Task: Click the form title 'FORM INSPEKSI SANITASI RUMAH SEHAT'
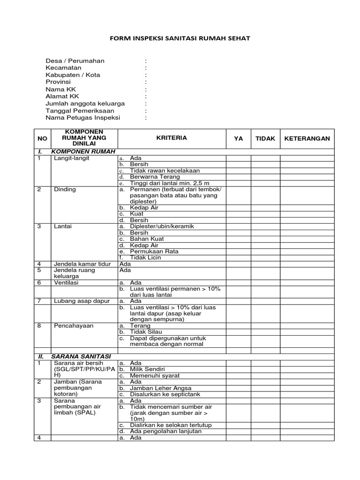[180, 38]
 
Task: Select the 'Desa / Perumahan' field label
[75, 61]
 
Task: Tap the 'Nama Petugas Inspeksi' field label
[83, 118]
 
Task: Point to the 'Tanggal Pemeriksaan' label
[80, 111]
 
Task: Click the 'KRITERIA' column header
[172, 138]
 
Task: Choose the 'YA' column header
[238, 139]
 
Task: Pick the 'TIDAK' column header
[265, 139]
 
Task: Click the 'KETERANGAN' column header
[307, 139]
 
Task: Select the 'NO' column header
[42, 139]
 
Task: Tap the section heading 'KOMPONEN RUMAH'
[77, 152]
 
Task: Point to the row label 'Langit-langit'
[71, 158]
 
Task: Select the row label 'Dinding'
[65, 189]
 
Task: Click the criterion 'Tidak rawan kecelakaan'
[159, 171]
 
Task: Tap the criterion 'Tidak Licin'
[146, 257]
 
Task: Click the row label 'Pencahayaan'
[74, 325]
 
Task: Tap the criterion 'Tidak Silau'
[146, 332]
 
